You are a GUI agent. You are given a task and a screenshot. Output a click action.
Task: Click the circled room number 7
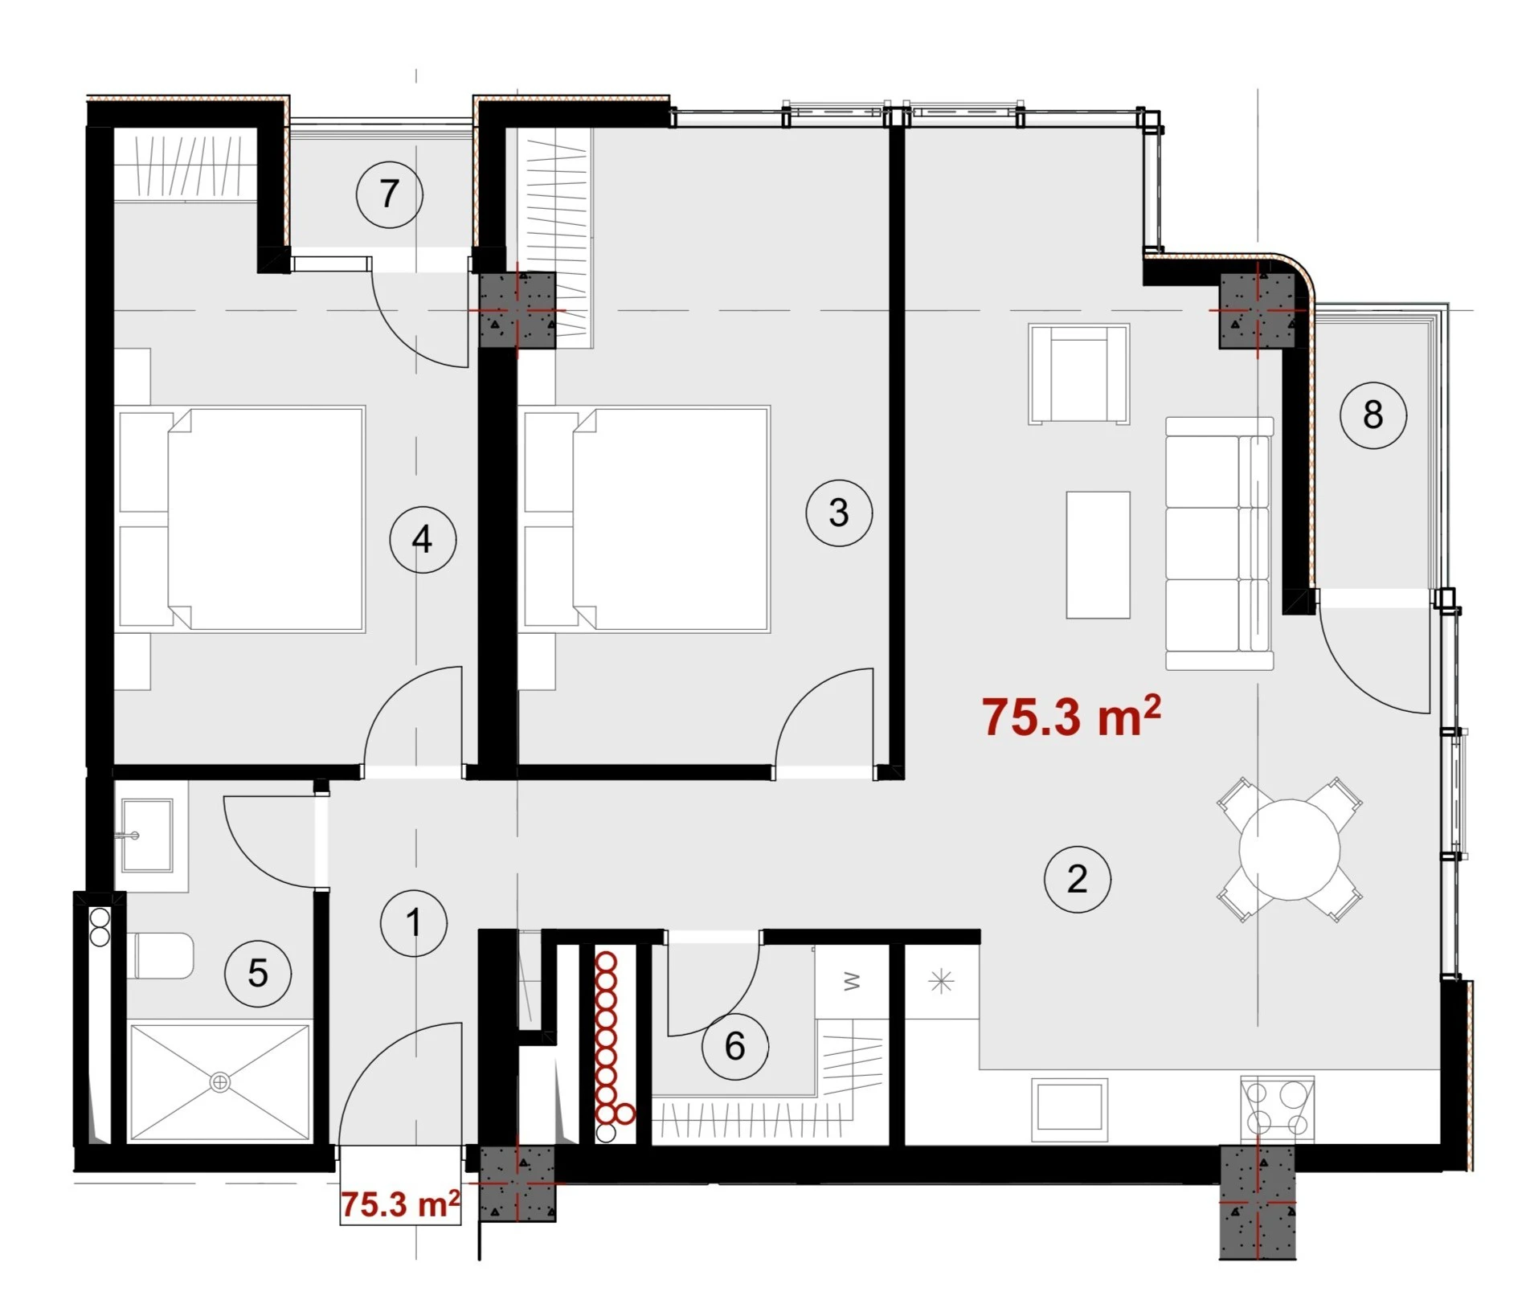point(390,194)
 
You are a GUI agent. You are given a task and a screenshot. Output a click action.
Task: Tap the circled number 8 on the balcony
point(1373,415)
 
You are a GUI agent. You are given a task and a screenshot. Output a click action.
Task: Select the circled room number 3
point(839,513)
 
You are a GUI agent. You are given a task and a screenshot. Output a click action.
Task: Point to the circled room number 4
point(423,539)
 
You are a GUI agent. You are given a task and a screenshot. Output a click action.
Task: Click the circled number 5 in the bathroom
point(258,973)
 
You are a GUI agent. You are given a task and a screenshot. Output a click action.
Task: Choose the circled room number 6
point(735,1046)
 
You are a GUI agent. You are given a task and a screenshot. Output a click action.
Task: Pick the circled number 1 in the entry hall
point(414,922)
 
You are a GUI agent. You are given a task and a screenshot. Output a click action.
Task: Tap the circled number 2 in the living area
point(1078,879)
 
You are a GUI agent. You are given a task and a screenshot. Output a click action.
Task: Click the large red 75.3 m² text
point(1071,716)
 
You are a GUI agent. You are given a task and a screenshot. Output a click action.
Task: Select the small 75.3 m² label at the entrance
point(400,1204)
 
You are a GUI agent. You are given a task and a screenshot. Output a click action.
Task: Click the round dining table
point(1290,849)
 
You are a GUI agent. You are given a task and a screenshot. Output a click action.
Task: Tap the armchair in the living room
point(1079,374)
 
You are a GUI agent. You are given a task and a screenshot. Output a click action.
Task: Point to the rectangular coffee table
point(1098,555)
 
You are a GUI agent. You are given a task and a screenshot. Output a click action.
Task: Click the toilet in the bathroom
point(160,955)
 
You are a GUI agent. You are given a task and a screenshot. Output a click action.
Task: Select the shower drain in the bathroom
point(219,1083)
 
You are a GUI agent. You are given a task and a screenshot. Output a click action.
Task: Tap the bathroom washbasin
point(147,836)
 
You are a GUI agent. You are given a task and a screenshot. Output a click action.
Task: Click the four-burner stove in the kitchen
point(1277,1109)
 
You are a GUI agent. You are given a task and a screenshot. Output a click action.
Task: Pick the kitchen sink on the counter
point(1070,1109)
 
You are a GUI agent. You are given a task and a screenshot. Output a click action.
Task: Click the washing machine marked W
point(852,982)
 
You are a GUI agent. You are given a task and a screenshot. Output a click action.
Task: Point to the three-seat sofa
point(1220,543)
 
